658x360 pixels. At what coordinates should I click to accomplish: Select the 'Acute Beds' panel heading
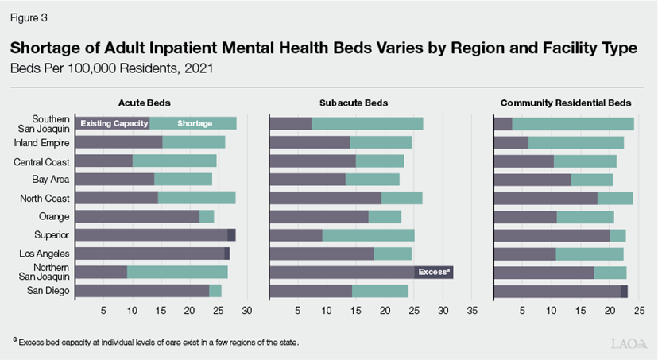[145, 103]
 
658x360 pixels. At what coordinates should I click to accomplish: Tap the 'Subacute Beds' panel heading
[354, 103]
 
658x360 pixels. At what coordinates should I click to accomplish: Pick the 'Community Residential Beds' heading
[565, 103]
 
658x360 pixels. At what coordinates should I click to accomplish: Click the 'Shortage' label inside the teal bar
[195, 123]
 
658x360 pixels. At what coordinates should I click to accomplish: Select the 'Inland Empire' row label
[42, 143]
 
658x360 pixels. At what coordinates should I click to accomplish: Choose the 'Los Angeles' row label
[45, 254]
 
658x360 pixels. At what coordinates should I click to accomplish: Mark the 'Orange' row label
[54, 216]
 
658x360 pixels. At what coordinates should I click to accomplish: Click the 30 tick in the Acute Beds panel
[248, 310]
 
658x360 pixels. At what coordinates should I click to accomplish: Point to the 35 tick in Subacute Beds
[472, 310]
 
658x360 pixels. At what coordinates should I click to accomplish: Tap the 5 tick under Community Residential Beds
[523, 310]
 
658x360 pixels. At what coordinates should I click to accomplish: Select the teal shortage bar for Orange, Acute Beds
[207, 216]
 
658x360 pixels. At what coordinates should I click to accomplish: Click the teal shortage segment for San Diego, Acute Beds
[215, 291]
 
